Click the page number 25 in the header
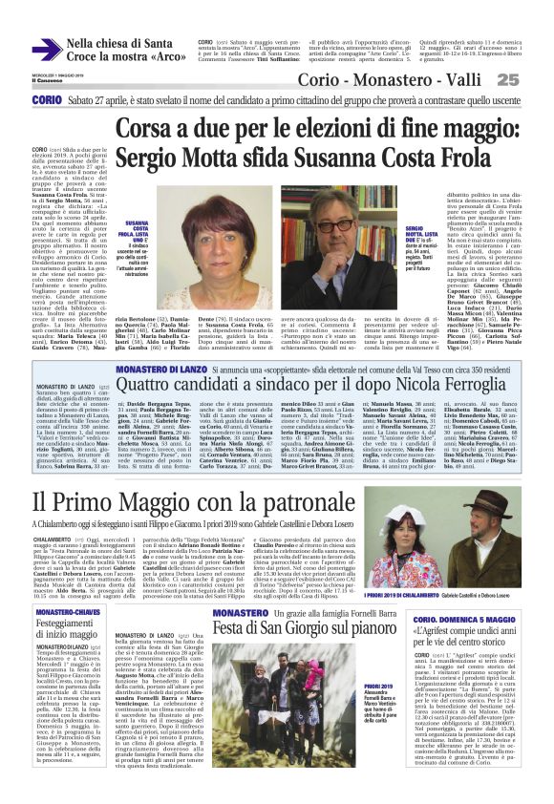pyautogui.click(x=534, y=79)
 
